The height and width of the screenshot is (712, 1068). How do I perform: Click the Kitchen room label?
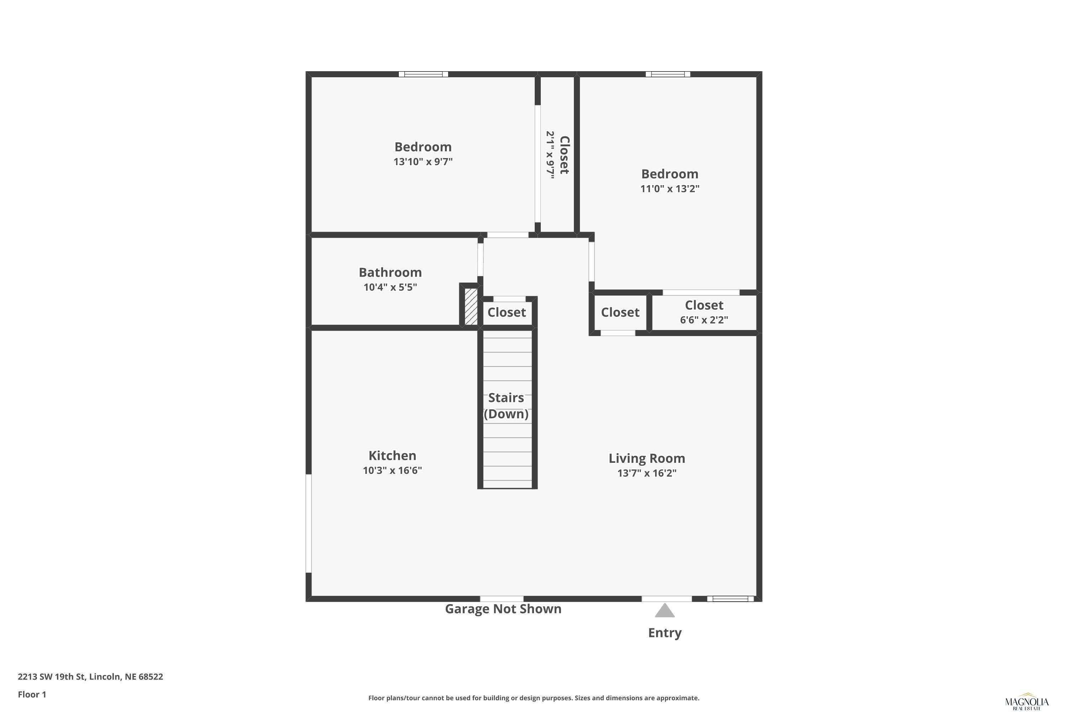392,455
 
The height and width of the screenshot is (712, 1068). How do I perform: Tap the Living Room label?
646,459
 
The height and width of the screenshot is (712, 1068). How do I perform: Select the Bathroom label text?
390,272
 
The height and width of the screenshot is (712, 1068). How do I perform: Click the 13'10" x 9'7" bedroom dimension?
423,162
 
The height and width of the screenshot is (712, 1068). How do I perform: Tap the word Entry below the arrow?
665,633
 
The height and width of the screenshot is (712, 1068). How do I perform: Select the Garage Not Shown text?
503,609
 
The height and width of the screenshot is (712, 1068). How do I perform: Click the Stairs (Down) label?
506,406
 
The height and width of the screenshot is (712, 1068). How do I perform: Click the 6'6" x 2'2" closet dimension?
704,320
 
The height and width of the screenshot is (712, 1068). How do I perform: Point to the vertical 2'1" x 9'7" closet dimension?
550,155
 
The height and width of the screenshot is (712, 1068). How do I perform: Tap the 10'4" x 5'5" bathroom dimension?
390,287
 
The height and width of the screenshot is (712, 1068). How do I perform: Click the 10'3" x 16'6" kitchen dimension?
392,470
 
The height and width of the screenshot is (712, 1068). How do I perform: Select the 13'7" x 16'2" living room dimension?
646,473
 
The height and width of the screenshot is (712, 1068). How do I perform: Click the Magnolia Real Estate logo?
1027,703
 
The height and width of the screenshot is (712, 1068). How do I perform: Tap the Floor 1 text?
32,694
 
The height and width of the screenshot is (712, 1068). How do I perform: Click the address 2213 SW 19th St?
51,677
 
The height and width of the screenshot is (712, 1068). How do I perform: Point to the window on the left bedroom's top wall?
423,74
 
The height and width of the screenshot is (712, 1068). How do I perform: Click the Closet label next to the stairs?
506,313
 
